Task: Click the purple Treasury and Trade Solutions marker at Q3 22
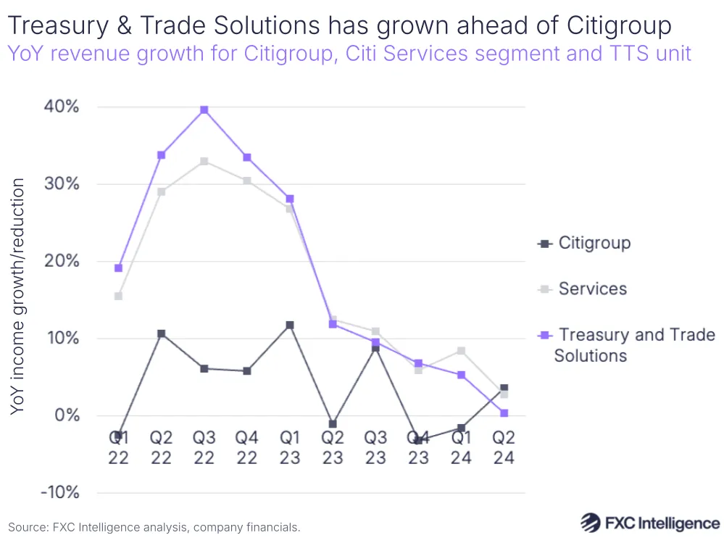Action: [x=204, y=110]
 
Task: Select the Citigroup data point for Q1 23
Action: [x=290, y=326]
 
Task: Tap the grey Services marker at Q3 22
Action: [x=204, y=161]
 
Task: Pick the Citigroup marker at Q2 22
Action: [x=162, y=333]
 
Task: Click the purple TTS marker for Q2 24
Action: [x=504, y=413]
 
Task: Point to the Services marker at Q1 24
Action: [x=461, y=351]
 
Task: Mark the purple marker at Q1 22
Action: [x=119, y=268]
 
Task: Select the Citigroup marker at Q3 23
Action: [x=375, y=349]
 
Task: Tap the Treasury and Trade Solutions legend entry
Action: [x=627, y=345]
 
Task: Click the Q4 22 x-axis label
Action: [x=247, y=447]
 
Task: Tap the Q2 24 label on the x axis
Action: [x=504, y=447]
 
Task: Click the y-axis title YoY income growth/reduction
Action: [x=18, y=297]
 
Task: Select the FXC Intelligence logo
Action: [x=649, y=523]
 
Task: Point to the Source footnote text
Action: [x=154, y=527]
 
